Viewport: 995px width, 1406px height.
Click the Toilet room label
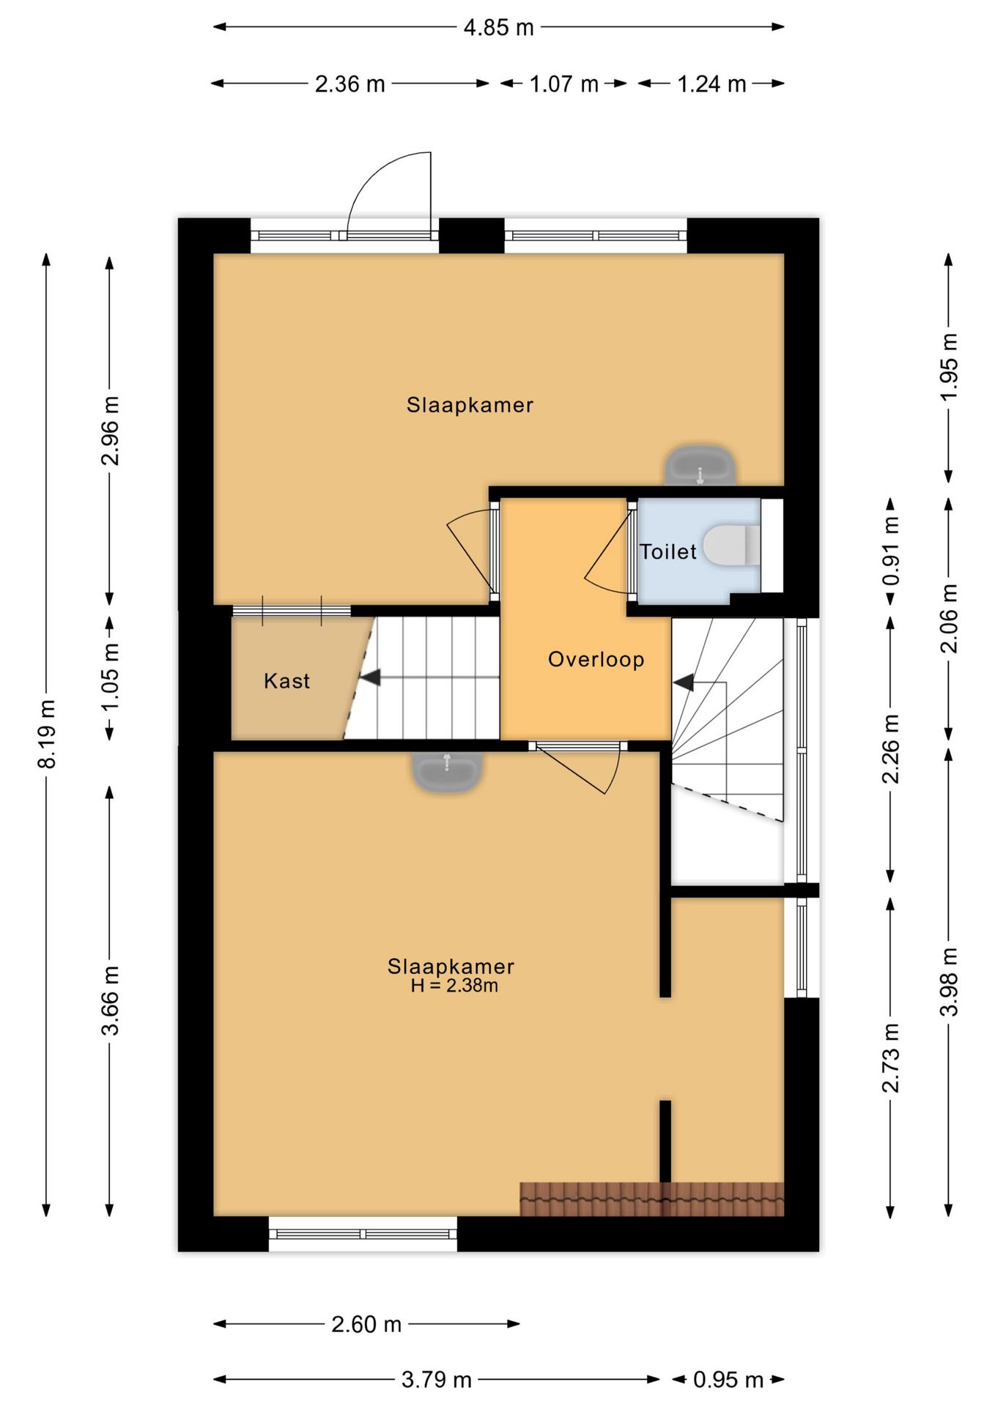[667, 551]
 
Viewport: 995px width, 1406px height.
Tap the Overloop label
[596, 659]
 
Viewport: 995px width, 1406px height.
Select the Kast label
[286, 681]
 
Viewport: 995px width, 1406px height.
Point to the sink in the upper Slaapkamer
[700, 465]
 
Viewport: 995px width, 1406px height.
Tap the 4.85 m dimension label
[498, 28]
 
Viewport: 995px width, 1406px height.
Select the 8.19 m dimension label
[47, 734]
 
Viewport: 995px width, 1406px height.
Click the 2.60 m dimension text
[366, 1324]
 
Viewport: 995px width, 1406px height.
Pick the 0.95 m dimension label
[728, 1380]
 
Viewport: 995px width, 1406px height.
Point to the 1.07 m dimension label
[564, 84]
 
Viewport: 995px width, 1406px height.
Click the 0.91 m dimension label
[891, 551]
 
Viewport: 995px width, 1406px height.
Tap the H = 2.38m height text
[454, 986]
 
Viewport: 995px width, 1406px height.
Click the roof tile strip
[652, 1199]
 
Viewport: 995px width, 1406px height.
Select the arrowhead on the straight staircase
[370, 677]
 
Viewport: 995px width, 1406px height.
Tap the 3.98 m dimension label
[949, 982]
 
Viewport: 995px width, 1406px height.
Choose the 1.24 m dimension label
[711, 84]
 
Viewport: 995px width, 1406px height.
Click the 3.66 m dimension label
[110, 1000]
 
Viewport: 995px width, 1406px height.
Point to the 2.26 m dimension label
[891, 749]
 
